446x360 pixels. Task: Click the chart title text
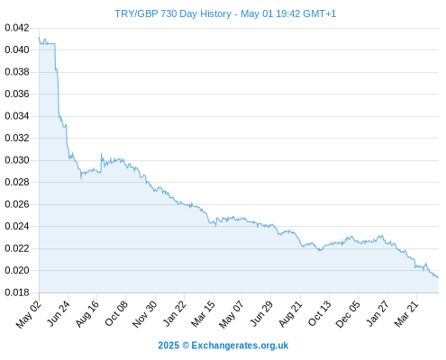coord(225,13)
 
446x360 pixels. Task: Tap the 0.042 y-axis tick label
coord(17,28)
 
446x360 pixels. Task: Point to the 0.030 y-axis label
coord(17,160)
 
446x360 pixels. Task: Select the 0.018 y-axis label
coord(17,292)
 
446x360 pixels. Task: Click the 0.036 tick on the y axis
coord(17,94)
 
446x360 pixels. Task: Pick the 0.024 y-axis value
coord(17,226)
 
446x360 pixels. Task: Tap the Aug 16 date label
coord(87,313)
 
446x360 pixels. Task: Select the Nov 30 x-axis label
coord(145,314)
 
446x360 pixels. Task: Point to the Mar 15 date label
coord(203,313)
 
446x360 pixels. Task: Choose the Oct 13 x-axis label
coord(320,313)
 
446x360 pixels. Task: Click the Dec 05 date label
coord(348,314)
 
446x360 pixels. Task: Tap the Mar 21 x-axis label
coord(406,313)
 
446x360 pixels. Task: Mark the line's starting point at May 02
coord(39,37)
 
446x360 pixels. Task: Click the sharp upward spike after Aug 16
coord(101,154)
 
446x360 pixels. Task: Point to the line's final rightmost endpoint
coord(438,277)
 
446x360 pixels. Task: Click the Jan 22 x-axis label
coord(174,313)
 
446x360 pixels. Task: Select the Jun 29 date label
coord(261,313)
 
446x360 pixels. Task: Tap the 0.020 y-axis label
coord(17,270)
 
